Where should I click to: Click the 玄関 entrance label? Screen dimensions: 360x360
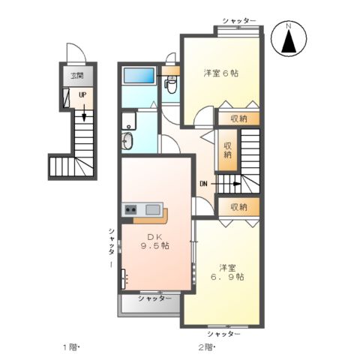pyautogui.click(x=76, y=76)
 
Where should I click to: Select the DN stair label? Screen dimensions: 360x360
pyautogui.click(x=203, y=182)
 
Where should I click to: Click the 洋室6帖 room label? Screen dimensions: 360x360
pyautogui.click(x=220, y=73)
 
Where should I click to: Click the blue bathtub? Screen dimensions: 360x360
pyautogui.click(x=138, y=76)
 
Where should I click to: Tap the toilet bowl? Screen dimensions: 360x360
pyautogui.click(x=170, y=86)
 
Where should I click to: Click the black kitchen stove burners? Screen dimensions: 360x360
pyautogui.click(x=130, y=209)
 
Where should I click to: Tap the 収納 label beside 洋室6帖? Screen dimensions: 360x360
pyautogui.click(x=238, y=118)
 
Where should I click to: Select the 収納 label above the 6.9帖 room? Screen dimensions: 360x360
pyautogui.click(x=238, y=206)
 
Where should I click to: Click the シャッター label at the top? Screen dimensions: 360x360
pyautogui.click(x=239, y=20)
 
